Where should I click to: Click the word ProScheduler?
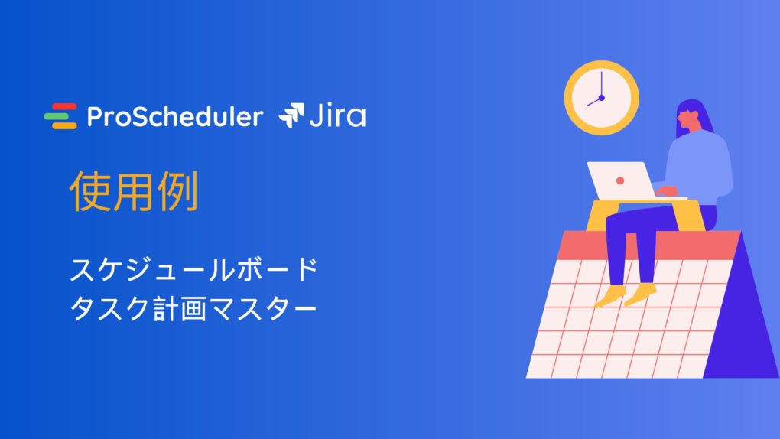174,116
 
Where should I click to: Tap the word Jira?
338,115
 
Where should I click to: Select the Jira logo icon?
291,115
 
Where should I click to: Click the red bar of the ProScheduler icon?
65,106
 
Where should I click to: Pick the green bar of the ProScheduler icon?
57,116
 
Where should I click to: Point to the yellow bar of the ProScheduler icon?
65,125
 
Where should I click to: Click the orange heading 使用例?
134,191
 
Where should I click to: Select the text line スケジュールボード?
194,269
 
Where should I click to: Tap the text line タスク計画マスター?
193,308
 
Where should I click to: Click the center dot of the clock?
601,98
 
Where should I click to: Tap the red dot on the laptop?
620,180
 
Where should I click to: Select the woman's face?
685,121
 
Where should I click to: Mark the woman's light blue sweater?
699,167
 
